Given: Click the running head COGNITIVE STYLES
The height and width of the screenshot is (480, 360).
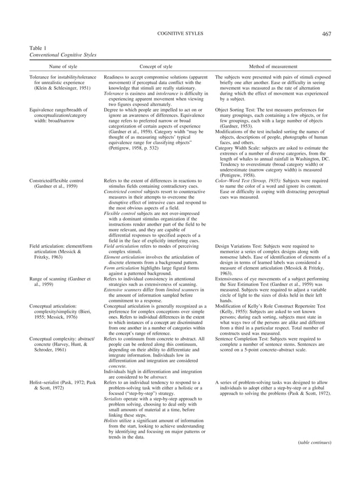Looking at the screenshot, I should pyautogui.click(x=179, y=34).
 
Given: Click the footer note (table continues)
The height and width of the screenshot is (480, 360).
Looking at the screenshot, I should pyautogui.click(x=313, y=459).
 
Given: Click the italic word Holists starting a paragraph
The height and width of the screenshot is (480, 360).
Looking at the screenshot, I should pyautogui.click(x=113, y=437).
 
